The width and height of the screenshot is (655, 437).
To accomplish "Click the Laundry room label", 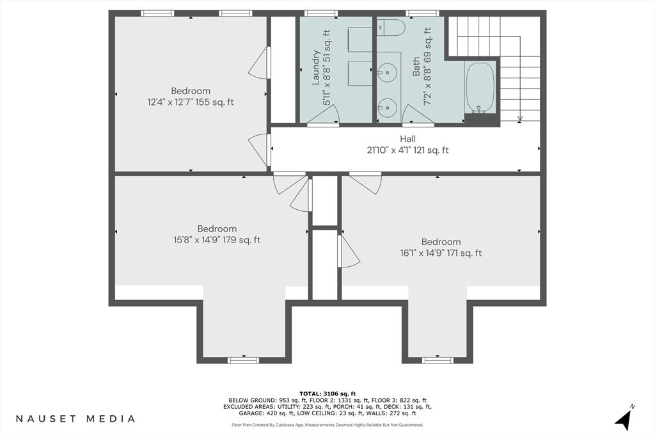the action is click(x=316, y=68).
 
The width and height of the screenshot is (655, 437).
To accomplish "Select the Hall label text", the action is click(x=407, y=139).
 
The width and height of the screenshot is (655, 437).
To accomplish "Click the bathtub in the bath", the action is click(x=480, y=88).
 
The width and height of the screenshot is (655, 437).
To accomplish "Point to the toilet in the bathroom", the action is click(x=391, y=28).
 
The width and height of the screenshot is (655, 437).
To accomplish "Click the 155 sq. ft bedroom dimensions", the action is click(x=191, y=102).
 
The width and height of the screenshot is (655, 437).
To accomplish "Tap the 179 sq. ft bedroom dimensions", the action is click(x=217, y=240).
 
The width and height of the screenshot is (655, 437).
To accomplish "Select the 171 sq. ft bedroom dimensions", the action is click(x=441, y=253).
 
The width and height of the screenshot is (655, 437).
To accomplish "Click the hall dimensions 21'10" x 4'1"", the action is click(x=407, y=150).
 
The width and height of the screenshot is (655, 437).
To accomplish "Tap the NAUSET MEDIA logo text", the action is click(x=75, y=418).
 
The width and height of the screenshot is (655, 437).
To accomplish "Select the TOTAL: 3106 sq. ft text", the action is click(x=327, y=393).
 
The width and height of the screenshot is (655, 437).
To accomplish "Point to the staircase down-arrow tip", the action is click(x=519, y=121).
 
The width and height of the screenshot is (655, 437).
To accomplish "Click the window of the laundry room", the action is click(x=321, y=13).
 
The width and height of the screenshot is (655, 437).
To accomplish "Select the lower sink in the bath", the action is click(x=387, y=107).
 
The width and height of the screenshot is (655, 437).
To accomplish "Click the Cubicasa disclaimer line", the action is click(x=327, y=425).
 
